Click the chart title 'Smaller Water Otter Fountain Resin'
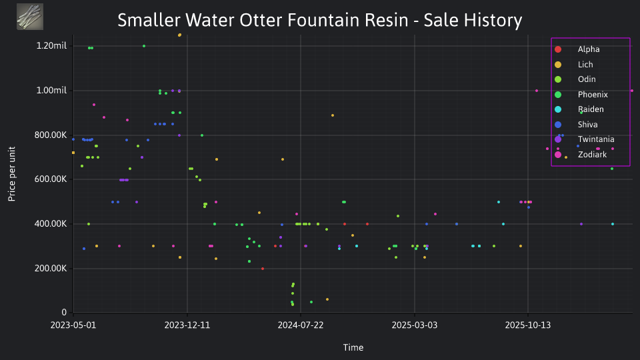point(263,20)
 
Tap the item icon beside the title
point(30,17)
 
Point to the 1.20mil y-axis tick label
point(51,46)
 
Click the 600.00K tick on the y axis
point(51,179)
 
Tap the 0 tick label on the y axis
point(64,312)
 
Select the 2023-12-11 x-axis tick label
point(187,325)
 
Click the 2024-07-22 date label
point(301,325)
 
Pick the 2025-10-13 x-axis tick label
point(528,325)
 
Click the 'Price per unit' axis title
point(12,174)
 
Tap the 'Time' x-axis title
point(353,347)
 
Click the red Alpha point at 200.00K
point(263,269)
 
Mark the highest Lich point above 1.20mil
point(179,35)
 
